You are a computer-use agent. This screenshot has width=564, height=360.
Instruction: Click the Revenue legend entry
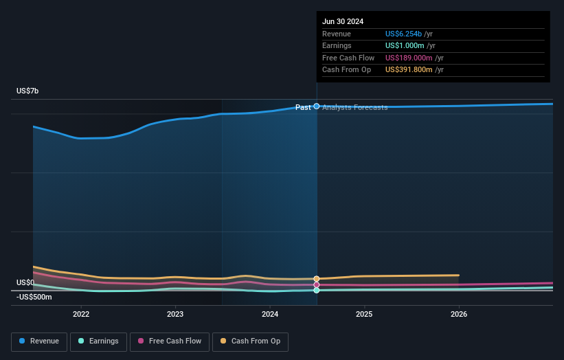pyautogui.click(x=38, y=341)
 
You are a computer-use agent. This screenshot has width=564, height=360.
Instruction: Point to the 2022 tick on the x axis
pyautogui.click(x=81, y=314)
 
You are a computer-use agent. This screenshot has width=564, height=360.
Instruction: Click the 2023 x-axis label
pyautogui.click(x=175, y=314)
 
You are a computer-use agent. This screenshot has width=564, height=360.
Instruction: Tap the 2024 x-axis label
pyautogui.click(x=270, y=314)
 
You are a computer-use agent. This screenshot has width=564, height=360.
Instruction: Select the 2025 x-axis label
pyautogui.click(x=364, y=314)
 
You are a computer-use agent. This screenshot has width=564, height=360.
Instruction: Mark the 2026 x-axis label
pyautogui.click(x=459, y=314)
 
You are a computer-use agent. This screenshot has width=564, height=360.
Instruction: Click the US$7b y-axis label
pyautogui.click(x=28, y=91)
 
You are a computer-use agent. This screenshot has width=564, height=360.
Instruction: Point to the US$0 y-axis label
pyautogui.click(x=25, y=282)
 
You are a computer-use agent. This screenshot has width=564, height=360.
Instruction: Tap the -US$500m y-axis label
pyautogui.click(x=34, y=297)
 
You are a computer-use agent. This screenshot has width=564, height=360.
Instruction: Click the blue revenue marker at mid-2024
pyautogui.click(x=317, y=106)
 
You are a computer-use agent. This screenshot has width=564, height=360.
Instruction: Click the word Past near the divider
pyautogui.click(x=303, y=107)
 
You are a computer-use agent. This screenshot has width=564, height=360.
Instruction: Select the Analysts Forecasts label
pyautogui.click(x=354, y=107)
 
